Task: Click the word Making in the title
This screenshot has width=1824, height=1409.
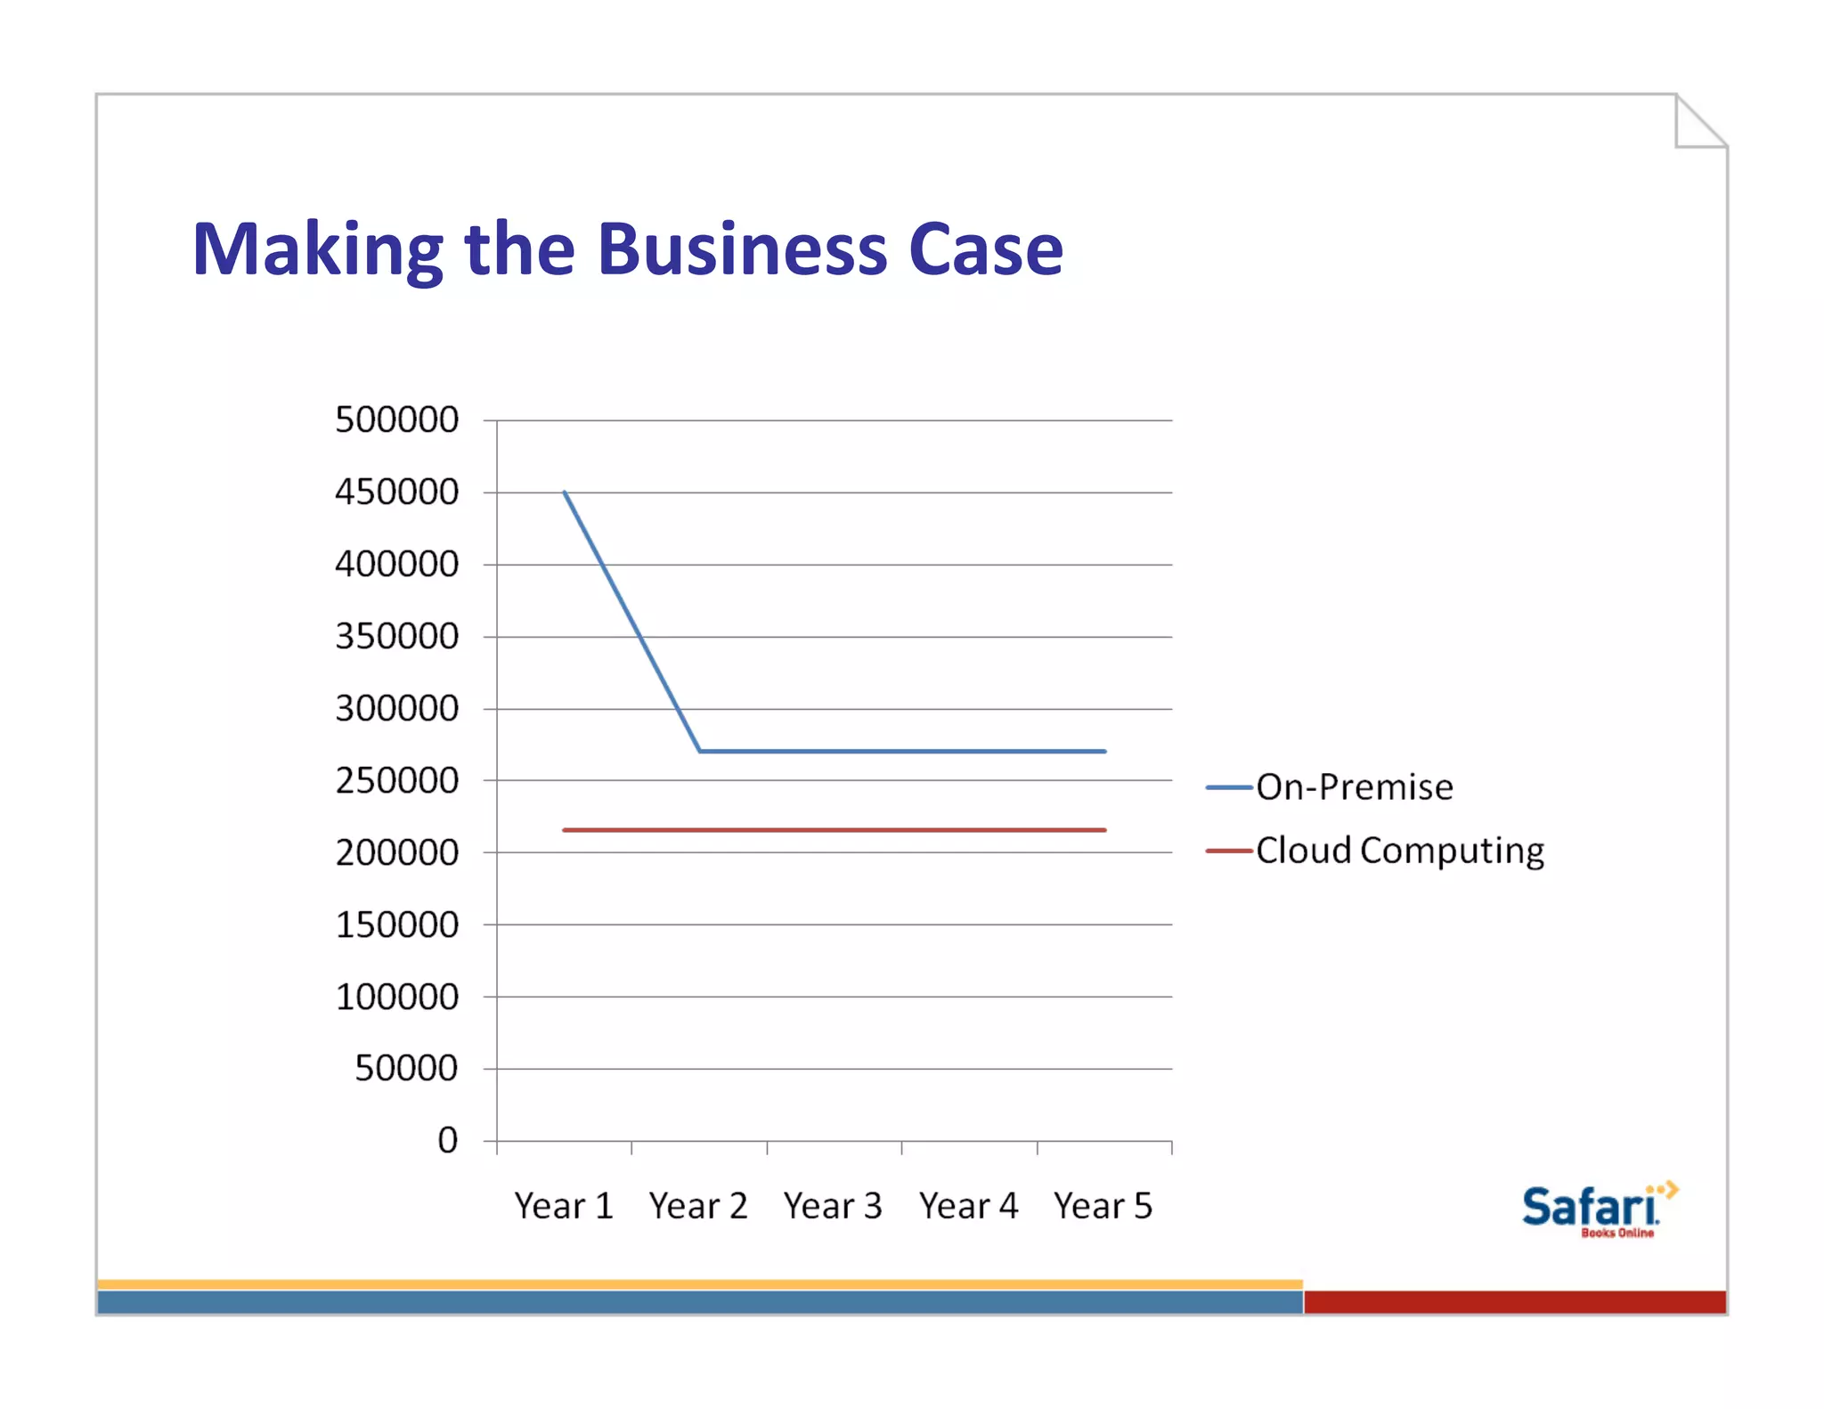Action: coord(317,250)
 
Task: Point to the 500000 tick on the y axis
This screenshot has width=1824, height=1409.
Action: coord(396,419)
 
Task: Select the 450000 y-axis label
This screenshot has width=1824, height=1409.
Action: coord(396,492)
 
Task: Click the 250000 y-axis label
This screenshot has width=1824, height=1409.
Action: coord(396,780)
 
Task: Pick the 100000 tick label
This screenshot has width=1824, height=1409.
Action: coord(396,997)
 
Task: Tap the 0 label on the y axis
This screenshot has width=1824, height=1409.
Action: coord(447,1140)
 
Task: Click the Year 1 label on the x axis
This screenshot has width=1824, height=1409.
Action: coord(564,1206)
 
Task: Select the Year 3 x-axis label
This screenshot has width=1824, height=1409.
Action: coord(833,1206)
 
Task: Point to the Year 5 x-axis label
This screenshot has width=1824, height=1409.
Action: coord(1103,1206)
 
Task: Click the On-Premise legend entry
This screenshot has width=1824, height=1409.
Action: coord(1354,787)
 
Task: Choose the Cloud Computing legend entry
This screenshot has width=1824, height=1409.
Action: coord(1399,851)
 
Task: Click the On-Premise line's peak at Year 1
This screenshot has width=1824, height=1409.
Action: coord(565,492)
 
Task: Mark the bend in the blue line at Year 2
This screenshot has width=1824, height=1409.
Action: coord(700,751)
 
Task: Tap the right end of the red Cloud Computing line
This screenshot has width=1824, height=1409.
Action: coord(1104,830)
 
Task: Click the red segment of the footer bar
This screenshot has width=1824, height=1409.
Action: coord(1514,1302)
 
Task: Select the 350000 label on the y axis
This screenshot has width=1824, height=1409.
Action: coord(396,636)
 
